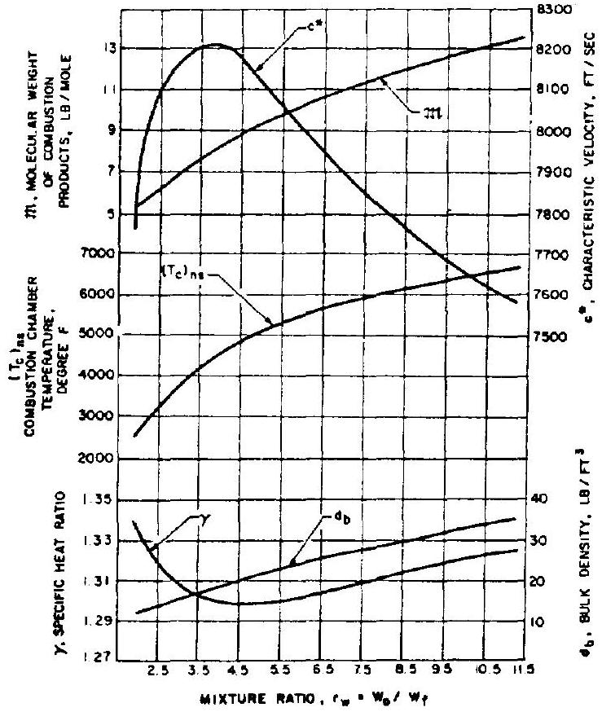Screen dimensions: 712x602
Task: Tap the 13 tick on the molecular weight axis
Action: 108,49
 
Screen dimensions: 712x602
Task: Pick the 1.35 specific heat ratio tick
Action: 100,499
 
